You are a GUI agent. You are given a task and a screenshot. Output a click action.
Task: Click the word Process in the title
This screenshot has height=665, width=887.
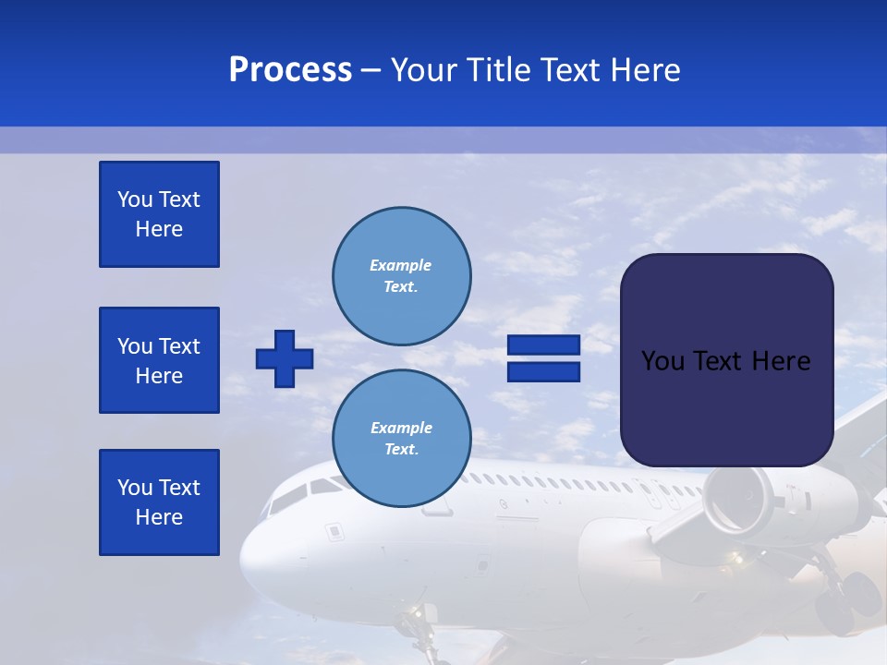290,70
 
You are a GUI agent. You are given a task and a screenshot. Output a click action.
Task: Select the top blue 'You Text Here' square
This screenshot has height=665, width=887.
159,214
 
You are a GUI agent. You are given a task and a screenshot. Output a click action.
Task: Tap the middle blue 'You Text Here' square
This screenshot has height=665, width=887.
159,360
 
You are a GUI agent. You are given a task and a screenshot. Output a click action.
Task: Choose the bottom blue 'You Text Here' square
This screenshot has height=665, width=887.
159,502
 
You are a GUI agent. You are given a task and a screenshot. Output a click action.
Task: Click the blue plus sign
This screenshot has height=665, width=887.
285,358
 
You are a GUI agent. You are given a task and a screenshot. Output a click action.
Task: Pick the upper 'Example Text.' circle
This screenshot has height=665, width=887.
402,276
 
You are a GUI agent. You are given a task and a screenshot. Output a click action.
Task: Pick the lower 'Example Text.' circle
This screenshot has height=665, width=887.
402,439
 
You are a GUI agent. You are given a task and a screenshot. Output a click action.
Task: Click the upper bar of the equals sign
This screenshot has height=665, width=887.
544,345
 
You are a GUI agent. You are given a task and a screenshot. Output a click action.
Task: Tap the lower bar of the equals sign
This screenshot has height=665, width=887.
544,371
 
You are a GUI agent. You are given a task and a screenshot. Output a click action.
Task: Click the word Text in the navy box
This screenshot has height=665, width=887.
725,361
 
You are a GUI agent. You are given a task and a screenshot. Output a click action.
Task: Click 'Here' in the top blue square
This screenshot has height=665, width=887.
159,229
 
